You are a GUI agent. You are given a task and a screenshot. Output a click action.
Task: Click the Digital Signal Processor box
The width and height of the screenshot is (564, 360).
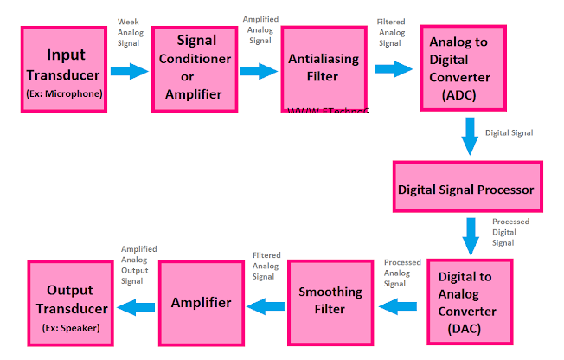tap(466, 188)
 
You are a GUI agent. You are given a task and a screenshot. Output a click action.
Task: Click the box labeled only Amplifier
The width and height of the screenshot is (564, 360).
tap(201, 303)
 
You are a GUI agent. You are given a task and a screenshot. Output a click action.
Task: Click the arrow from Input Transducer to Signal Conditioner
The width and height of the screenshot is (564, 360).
tap(130, 71)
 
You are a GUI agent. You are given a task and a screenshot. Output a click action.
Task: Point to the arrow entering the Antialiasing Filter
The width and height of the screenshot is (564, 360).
tap(259, 72)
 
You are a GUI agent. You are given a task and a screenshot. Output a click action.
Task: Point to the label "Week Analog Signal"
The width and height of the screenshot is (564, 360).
tap(130, 33)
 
